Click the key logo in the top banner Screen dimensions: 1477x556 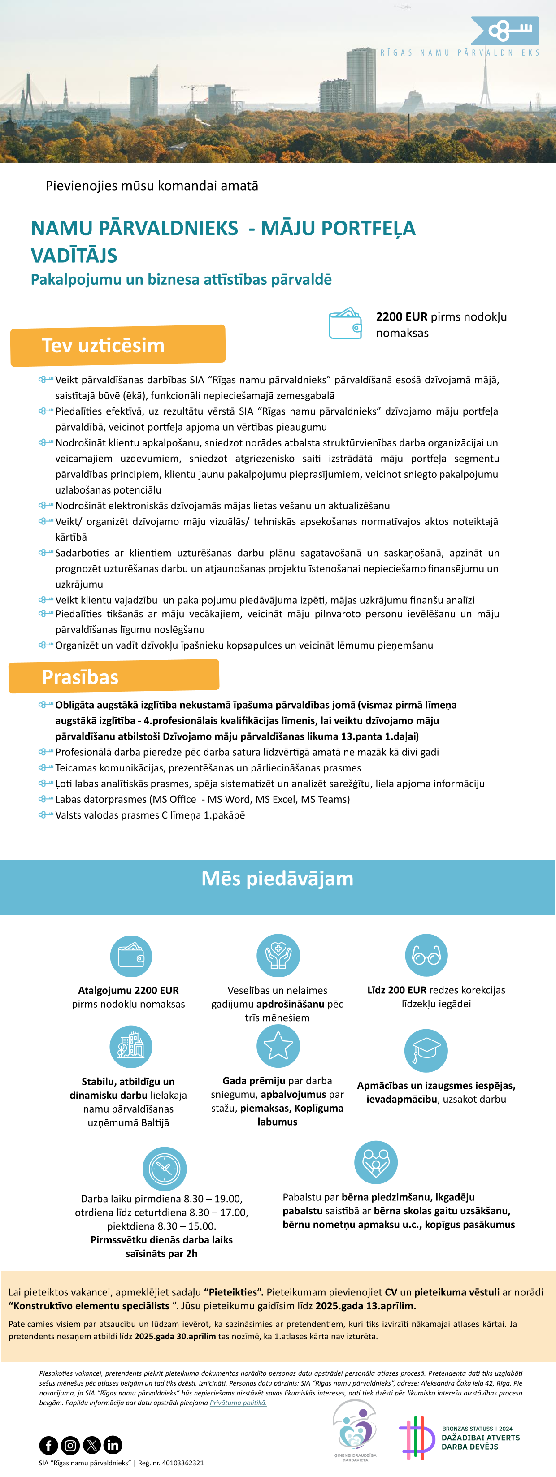(505, 31)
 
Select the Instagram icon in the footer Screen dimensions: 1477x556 (70, 1445)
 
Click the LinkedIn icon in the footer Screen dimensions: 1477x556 (113, 1445)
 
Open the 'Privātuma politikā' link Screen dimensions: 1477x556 (238, 1403)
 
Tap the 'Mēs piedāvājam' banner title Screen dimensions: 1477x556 (277, 879)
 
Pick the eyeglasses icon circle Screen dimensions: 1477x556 (426, 955)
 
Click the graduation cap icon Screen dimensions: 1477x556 (426, 1050)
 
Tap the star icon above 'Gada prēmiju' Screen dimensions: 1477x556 (278, 1046)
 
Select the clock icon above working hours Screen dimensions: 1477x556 (164, 1168)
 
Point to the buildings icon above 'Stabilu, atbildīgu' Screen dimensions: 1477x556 (131, 1046)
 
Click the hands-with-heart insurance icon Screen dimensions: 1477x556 (278, 955)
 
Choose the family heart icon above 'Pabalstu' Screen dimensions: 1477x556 (376, 1162)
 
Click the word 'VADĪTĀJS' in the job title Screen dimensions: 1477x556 (74, 256)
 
